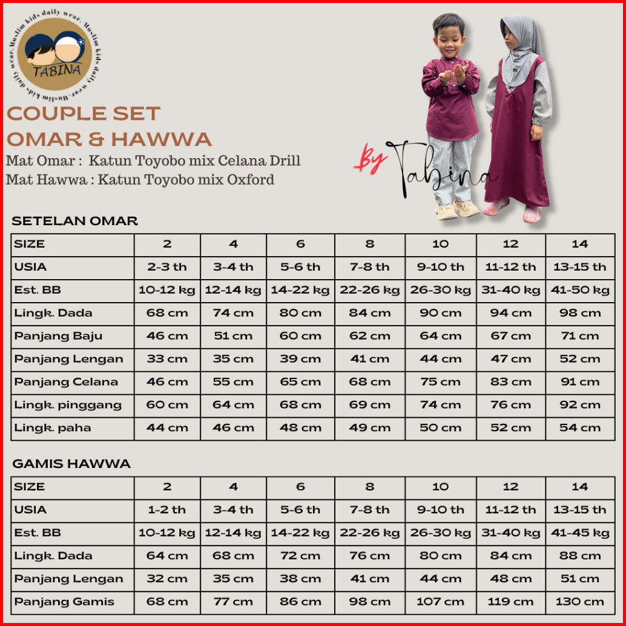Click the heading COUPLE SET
tap(84, 113)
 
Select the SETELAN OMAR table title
tap(75, 221)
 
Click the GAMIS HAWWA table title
tap(71, 464)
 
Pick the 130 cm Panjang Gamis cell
tap(580, 602)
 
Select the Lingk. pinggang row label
tap(68, 405)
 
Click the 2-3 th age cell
tap(167, 267)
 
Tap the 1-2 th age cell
tap(167, 510)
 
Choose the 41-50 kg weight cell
tap(580, 290)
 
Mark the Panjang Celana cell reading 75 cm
tap(440, 382)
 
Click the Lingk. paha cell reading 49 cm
tap(369, 428)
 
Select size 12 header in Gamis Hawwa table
tap(510, 487)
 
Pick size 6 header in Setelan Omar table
tap(300, 244)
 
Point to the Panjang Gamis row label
tap(64, 602)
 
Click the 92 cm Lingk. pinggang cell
tap(580, 405)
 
